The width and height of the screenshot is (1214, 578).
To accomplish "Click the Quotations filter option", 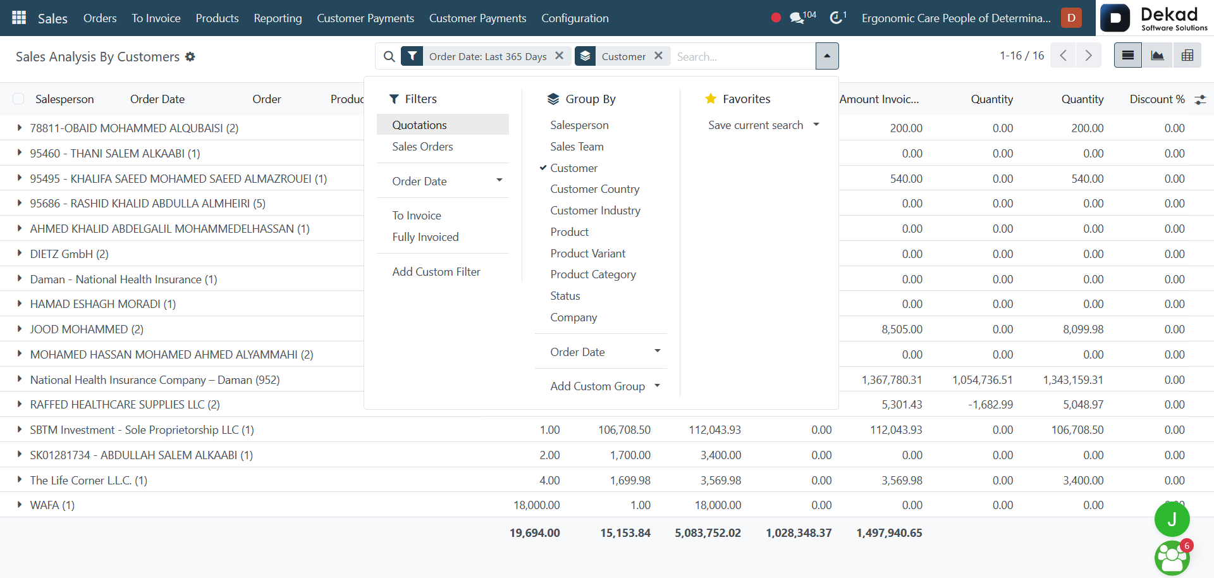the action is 419,125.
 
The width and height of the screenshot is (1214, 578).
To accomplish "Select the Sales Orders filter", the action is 422,146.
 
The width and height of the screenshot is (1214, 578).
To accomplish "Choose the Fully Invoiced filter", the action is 426,237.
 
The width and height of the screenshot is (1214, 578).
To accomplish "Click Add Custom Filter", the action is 436,271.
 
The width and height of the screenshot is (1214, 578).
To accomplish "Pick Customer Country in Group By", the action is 594,188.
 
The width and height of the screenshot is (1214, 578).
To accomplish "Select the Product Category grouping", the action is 593,274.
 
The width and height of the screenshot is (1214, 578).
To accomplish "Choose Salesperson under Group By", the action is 579,125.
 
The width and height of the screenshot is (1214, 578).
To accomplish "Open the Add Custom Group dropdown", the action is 605,386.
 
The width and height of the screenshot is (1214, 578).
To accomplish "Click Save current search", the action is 756,125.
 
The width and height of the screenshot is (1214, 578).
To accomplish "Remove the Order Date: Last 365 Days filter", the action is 559,56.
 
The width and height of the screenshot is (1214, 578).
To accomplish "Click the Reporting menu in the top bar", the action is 278,18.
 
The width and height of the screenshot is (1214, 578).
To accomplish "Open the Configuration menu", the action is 575,18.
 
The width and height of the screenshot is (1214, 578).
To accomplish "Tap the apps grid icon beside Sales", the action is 19,18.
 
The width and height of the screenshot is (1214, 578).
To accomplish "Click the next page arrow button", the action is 1088,56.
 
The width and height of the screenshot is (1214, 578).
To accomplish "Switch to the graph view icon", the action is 1157,56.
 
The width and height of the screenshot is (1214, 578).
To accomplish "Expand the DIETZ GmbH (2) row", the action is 20,253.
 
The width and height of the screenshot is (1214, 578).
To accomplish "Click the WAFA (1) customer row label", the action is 52,505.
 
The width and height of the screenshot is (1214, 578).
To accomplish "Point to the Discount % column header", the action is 1157,99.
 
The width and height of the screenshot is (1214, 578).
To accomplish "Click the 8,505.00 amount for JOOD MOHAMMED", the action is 902,329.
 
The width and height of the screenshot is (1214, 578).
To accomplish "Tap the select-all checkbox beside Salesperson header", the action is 18,99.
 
